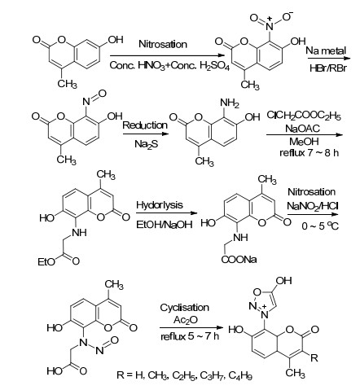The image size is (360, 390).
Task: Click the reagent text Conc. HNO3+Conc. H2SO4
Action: pos(169,66)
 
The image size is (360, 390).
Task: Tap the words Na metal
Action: pos(326,50)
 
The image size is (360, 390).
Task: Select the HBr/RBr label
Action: pos(328,68)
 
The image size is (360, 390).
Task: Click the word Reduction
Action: pos(145,125)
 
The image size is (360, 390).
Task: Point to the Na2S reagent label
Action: pos(146,144)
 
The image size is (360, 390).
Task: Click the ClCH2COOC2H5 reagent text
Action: pos(304,116)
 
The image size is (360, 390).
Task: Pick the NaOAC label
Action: pos(302,128)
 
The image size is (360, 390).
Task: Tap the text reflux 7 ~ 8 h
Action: pos(309,153)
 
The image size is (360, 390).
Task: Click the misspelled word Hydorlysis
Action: pos(160,205)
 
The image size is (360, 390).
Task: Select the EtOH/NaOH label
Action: pos(165,225)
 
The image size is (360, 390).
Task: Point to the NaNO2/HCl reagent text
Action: pos(313,206)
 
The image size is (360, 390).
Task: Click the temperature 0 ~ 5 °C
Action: pos(320,226)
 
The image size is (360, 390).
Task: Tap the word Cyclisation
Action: pos(184,308)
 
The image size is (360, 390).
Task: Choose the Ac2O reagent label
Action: pos(186,320)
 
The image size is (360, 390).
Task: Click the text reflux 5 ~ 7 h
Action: pos(190,336)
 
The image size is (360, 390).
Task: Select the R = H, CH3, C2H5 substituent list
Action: pos(184,375)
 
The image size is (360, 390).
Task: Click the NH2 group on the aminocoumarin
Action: pos(230,103)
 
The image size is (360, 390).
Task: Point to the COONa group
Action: pos(239,260)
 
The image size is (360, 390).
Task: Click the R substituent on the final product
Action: pos(314,357)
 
